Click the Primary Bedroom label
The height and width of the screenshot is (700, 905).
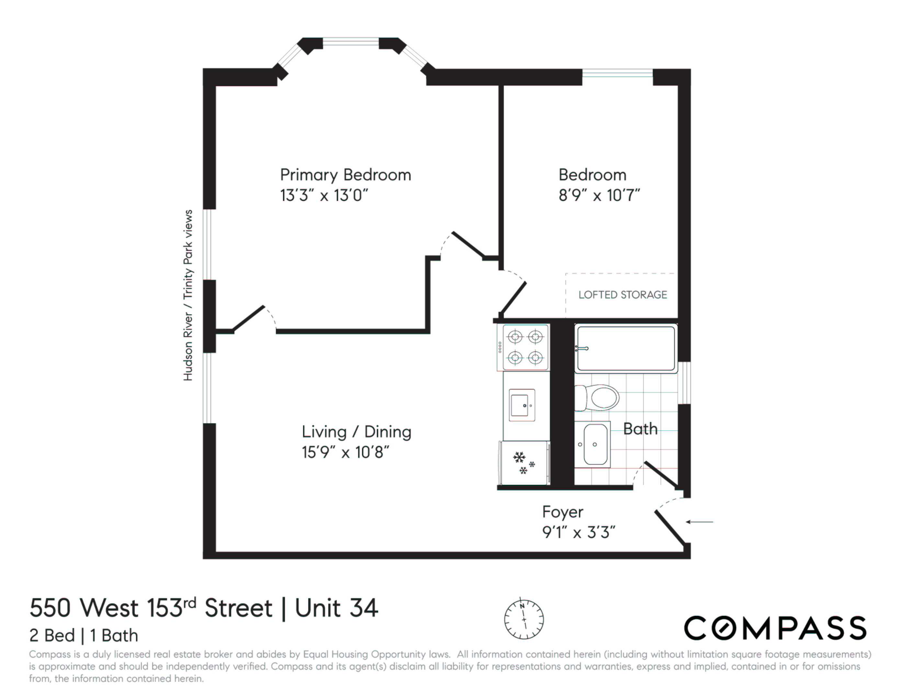pos(345,175)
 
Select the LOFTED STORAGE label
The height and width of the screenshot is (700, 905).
pos(622,295)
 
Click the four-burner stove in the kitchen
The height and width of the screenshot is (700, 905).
pos(525,347)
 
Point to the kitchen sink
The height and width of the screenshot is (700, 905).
pos(522,405)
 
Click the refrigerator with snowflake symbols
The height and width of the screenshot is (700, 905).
pos(524,463)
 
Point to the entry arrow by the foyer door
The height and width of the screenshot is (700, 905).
pos(699,522)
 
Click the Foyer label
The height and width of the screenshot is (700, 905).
pos(562,512)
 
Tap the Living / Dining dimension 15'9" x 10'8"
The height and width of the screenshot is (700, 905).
pos(345,452)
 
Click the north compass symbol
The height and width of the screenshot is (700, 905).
pos(524,619)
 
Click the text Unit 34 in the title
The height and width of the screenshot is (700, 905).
pos(336,608)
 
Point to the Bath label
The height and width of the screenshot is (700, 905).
pos(640,429)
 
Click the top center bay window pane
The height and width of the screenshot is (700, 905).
pos(351,41)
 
